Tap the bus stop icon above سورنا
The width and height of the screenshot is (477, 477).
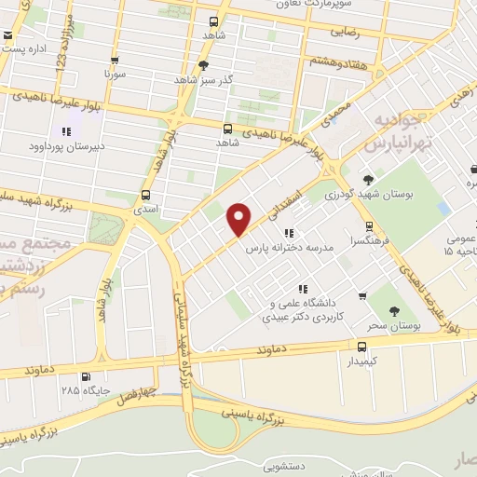pyautogui.click(x=115, y=57)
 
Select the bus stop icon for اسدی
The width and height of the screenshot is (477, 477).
pyautogui.click(x=145, y=196)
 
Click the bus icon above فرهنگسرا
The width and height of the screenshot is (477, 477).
pyautogui.click(x=370, y=225)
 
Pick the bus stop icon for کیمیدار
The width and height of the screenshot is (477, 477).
pyautogui.click(x=362, y=346)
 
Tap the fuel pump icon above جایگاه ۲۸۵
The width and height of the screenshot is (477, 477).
pyautogui.click(x=87, y=376)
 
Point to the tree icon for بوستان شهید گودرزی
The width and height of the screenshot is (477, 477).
pyautogui.click(x=369, y=180)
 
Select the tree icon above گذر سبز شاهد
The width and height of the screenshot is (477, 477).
pyautogui.click(x=204, y=64)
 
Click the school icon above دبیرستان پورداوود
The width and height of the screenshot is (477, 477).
pyautogui.click(x=67, y=131)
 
